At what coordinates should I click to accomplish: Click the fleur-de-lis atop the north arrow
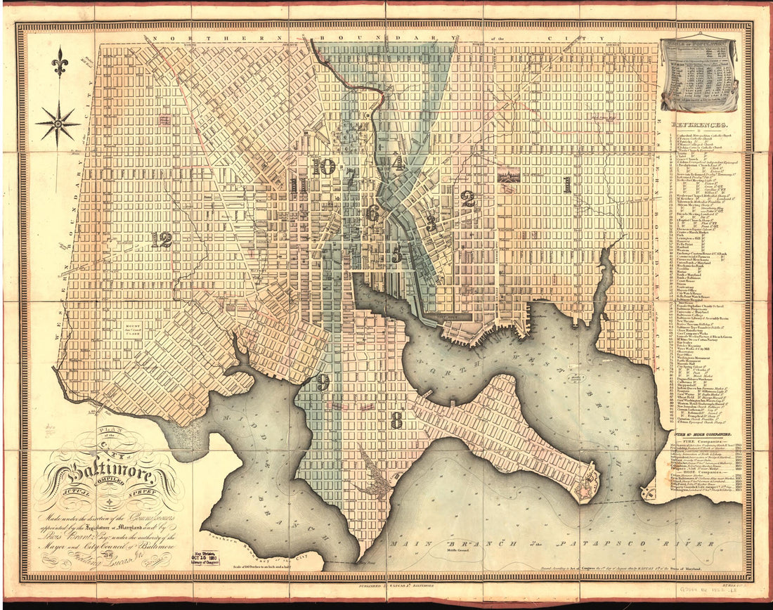pos(59,63)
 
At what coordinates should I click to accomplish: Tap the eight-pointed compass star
pos(58,124)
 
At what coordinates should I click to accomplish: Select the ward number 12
pos(161,240)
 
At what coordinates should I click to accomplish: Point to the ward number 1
pos(566,185)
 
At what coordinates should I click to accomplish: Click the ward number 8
pos(397,420)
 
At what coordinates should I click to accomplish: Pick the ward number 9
pos(323,382)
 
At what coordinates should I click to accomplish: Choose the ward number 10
pos(324,167)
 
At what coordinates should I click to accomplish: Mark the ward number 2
pos(468,199)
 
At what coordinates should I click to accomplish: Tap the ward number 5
pos(397,254)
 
